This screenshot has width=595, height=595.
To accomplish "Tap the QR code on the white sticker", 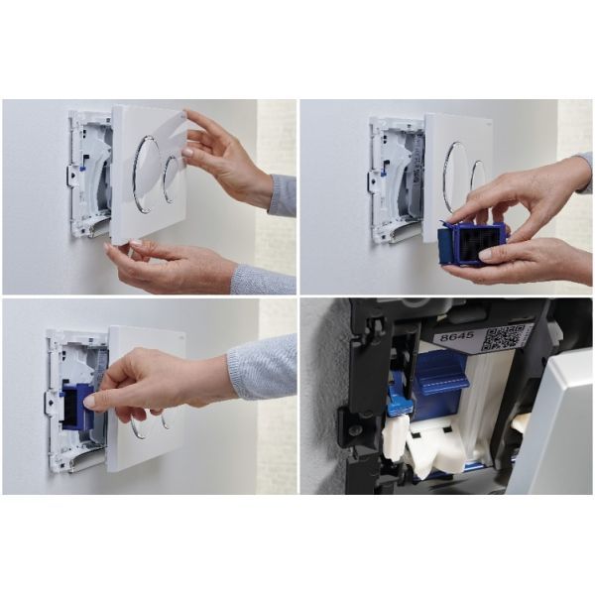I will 500,336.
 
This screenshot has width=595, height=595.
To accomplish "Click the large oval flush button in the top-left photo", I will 146,175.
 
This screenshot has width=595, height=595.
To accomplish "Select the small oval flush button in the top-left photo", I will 172,179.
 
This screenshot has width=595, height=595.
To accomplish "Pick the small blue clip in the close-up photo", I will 399,398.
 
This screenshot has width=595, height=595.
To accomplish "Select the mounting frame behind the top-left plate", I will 89,174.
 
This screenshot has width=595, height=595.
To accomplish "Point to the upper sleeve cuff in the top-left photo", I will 282,195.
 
